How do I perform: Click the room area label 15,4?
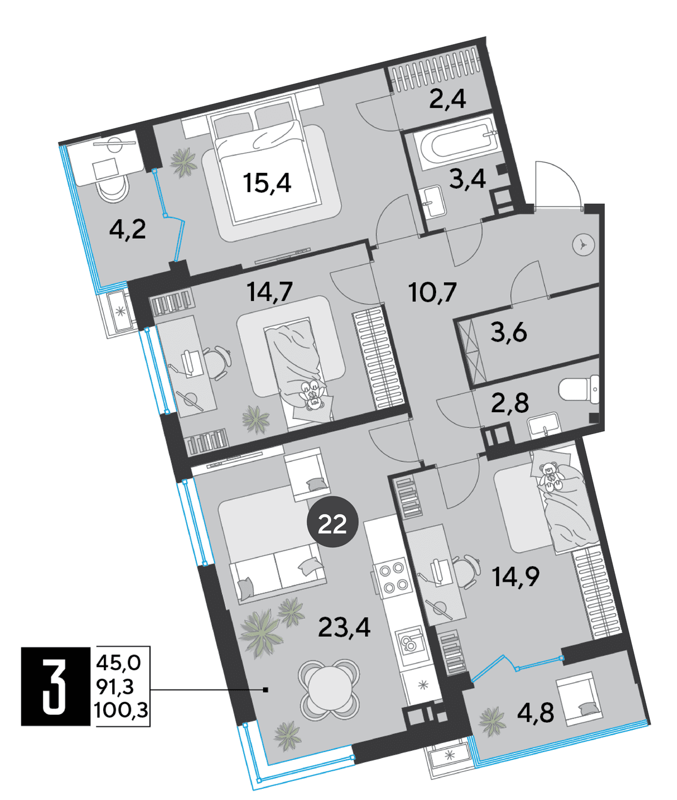pyautogui.click(x=267, y=183)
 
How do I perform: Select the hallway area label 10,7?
pyautogui.click(x=433, y=292)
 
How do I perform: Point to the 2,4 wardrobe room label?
pyautogui.click(x=447, y=99)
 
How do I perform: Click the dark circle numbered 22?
pyautogui.click(x=333, y=524)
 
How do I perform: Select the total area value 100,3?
pyautogui.click(x=122, y=711)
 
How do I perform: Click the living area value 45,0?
pyautogui.click(x=118, y=664)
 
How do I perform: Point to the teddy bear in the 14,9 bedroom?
pyautogui.click(x=551, y=478)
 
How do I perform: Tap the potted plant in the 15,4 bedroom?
pyautogui.click(x=183, y=163)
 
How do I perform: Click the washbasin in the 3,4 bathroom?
pyautogui.click(x=436, y=202)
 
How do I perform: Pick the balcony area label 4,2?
pyautogui.click(x=128, y=230)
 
